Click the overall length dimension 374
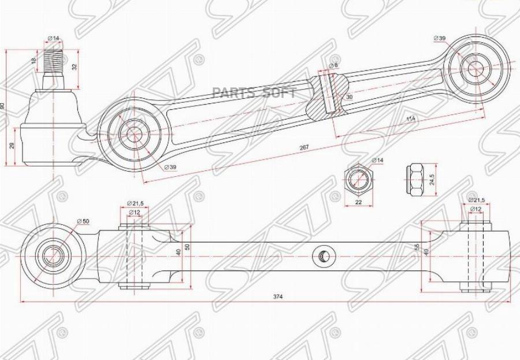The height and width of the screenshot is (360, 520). point(278,296)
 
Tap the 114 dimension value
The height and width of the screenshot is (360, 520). point(411,119)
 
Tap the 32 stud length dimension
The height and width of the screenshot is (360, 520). point(74,66)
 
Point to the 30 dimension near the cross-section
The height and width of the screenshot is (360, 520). point(349,97)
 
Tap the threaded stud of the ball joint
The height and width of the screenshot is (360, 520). point(53,61)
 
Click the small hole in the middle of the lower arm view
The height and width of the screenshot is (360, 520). point(322,255)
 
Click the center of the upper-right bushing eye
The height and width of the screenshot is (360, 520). point(476,68)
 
